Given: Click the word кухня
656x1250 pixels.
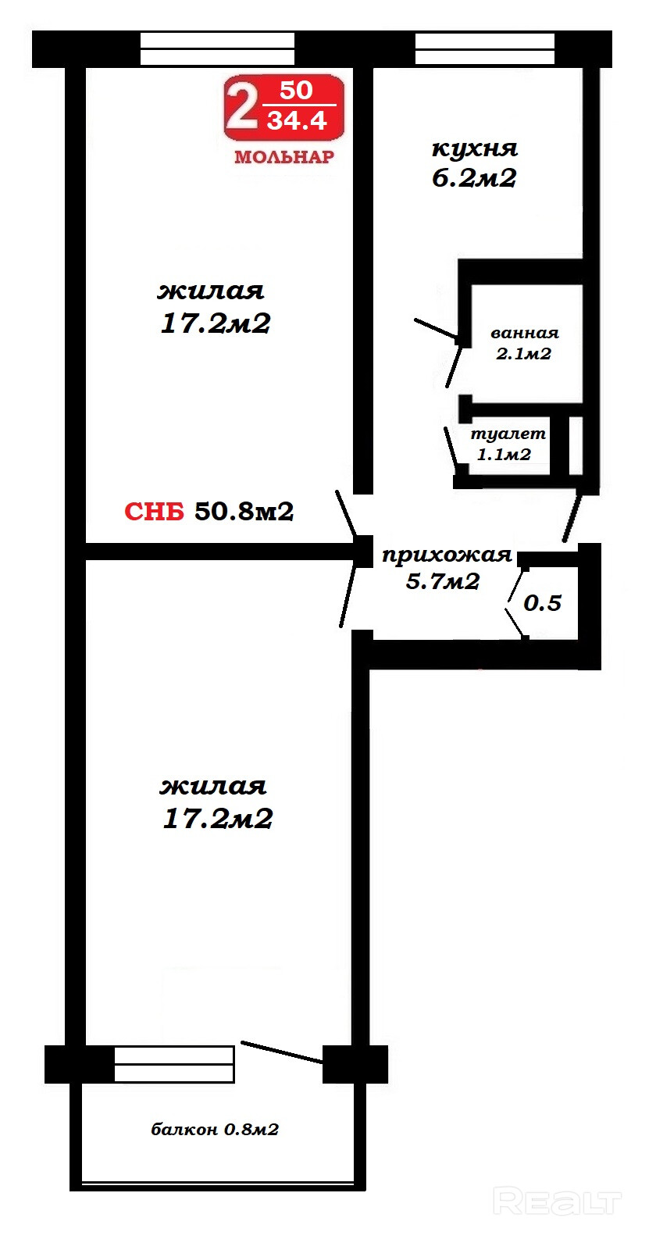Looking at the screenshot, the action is point(475,148).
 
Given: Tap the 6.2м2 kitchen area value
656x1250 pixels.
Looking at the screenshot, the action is point(474,178).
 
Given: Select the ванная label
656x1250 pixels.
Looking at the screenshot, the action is point(525,333).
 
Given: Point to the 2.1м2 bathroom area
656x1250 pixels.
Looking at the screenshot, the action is point(524,354).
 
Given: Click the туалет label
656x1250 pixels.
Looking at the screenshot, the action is point(508,434).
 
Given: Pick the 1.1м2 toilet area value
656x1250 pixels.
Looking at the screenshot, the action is point(504,455).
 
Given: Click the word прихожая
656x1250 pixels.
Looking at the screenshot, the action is point(447,555).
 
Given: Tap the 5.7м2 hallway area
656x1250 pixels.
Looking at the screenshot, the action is point(442,581).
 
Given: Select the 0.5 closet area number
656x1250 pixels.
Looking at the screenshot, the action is point(542,603).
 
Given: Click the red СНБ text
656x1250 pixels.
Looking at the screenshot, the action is point(155,512).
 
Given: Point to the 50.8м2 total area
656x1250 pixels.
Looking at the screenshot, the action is point(244,511).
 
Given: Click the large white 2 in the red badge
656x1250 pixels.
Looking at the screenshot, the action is point(241,107).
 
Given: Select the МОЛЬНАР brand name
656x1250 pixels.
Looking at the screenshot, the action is point(284,157).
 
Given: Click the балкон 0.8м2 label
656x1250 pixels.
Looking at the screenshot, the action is point(215,1130).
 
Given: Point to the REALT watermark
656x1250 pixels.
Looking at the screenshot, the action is point(558,1201).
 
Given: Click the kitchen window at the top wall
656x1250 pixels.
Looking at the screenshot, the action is point(484,49).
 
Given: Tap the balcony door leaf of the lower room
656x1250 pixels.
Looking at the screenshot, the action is point(282,1052).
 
